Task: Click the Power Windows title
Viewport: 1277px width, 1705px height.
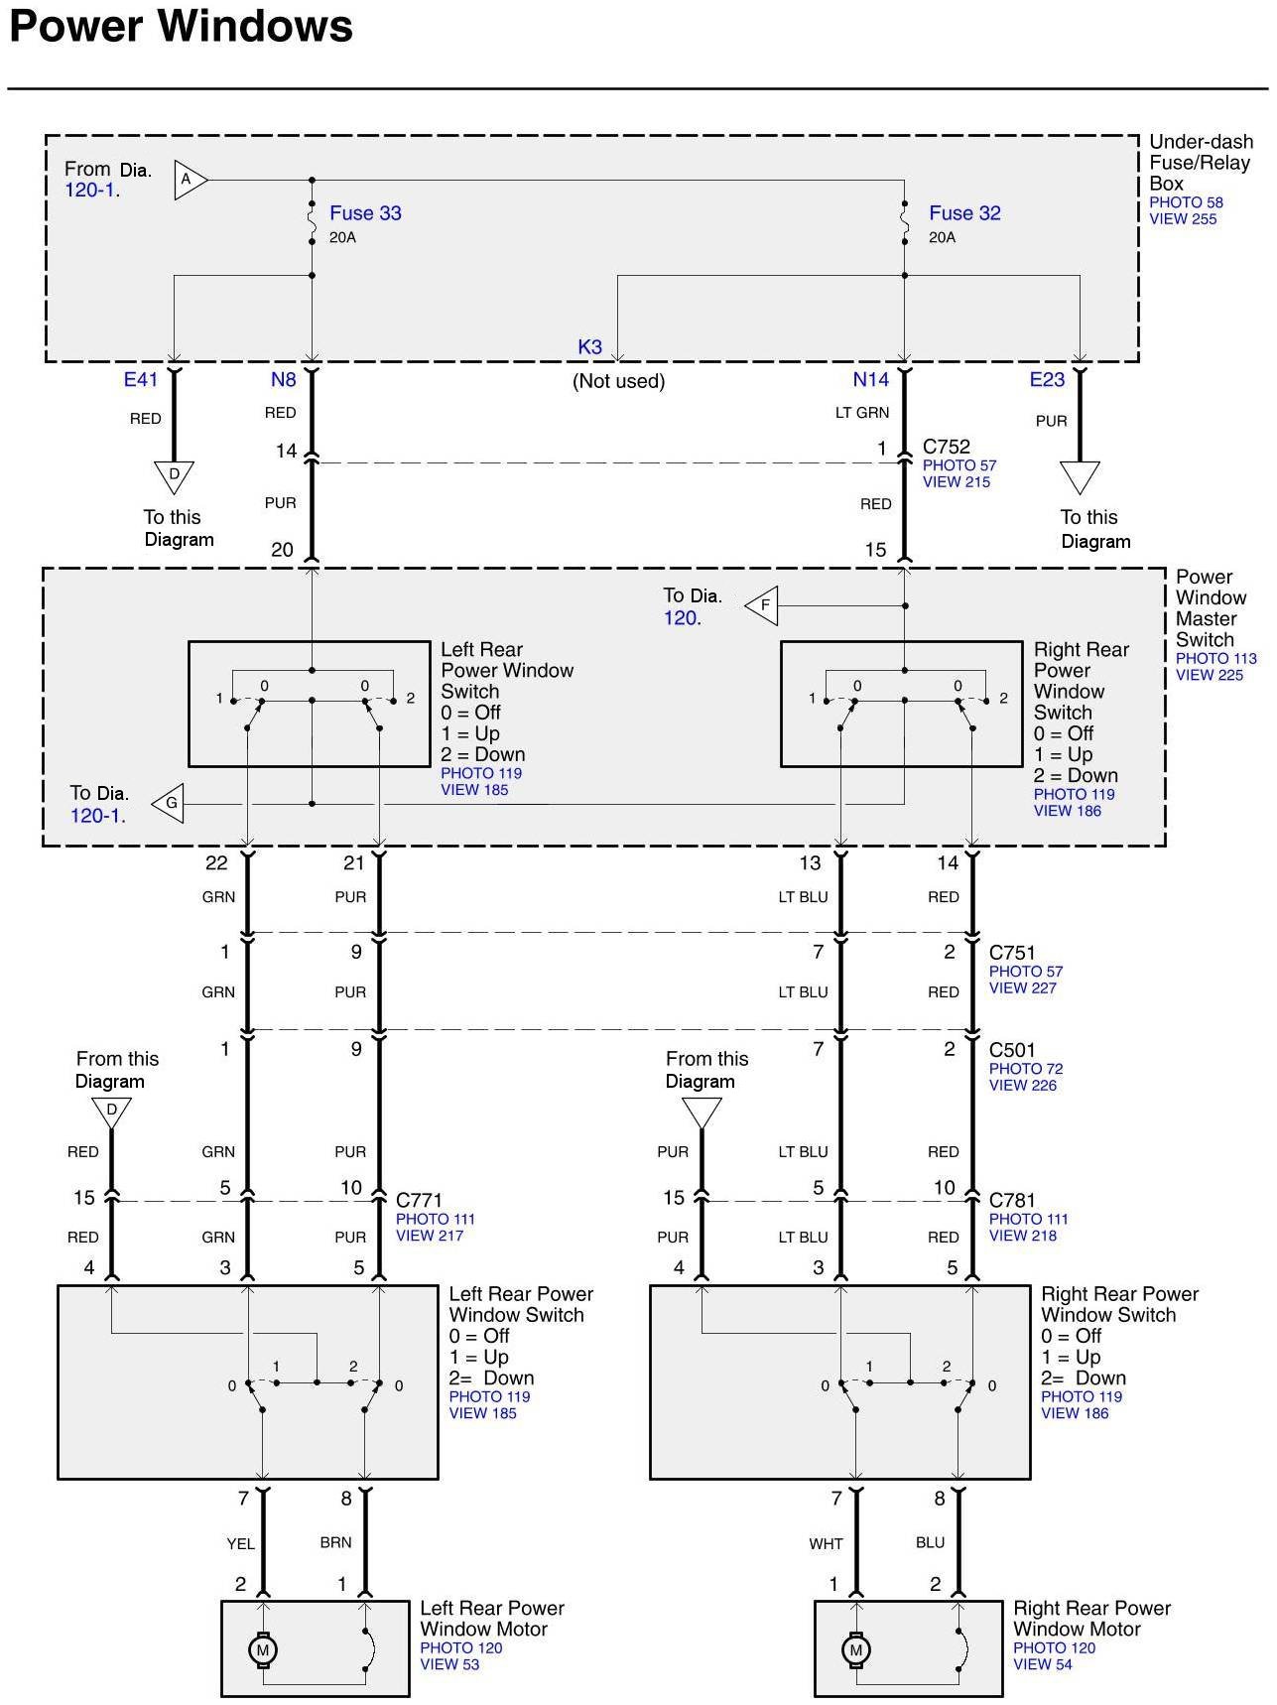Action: pyautogui.click(x=181, y=27)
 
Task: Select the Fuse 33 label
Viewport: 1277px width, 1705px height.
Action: pyautogui.click(x=365, y=213)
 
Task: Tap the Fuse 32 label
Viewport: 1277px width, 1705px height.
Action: pyautogui.click(x=964, y=213)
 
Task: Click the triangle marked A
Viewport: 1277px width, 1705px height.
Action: pyautogui.click(x=189, y=181)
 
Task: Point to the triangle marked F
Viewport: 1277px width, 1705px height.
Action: pyautogui.click(x=763, y=604)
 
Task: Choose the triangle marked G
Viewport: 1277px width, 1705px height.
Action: pyautogui.click(x=170, y=803)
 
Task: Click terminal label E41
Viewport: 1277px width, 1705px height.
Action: pyautogui.click(x=141, y=379)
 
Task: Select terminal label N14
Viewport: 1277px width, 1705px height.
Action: pyautogui.click(x=871, y=379)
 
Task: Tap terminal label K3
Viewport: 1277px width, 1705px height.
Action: pyautogui.click(x=589, y=347)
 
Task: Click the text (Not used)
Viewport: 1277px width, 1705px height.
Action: pyautogui.click(x=618, y=381)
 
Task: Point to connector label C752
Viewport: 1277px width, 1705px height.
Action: pyautogui.click(x=947, y=447)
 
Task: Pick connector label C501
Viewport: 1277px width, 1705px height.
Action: pyautogui.click(x=1012, y=1050)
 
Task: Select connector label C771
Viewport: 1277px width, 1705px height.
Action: pyautogui.click(x=419, y=1201)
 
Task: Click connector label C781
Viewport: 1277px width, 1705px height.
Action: pyautogui.click(x=1012, y=1201)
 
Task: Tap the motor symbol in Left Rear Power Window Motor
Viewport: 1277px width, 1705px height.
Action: pyautogui.click(x=263, y=1650)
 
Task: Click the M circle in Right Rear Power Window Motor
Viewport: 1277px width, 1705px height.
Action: pyautogui.click(x=855, y=1650)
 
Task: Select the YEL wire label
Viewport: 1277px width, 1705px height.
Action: pyautogui.click(x=240, y=1543)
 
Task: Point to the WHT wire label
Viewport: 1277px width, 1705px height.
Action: pyautogui.click(x=826, y=1543)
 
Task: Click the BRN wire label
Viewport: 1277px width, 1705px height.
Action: pyautogui.click(x=335, y=1542)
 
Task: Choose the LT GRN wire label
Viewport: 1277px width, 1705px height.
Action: pyautogui.click(x=862, y=413)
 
